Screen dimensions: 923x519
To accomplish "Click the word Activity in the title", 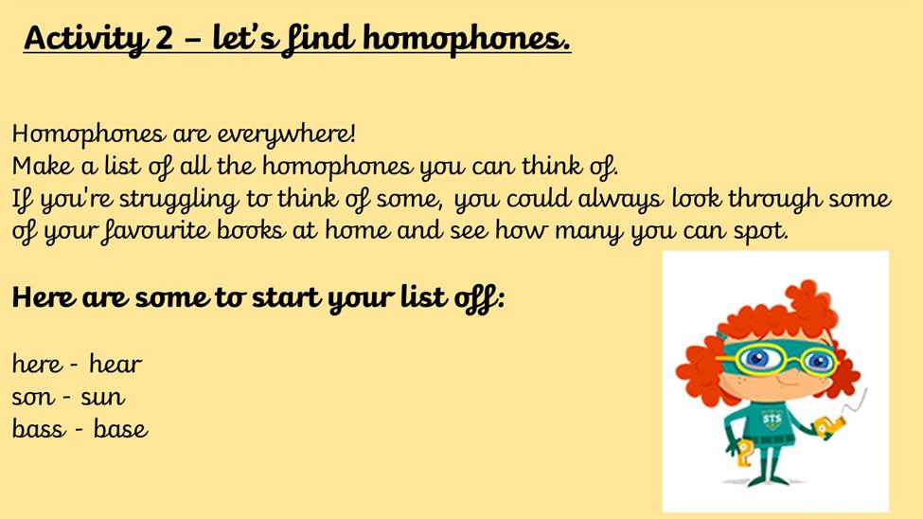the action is coord(86,39).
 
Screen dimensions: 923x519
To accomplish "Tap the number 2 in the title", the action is coord(165,38).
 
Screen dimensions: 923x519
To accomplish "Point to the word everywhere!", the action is coord(287,134).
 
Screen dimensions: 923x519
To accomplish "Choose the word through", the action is coord(774,200).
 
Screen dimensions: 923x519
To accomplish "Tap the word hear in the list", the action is coord(115,364).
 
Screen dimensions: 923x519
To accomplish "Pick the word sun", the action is coord(103,398).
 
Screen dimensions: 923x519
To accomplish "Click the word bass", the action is coord(39,428).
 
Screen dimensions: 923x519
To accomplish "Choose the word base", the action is coord(120,428).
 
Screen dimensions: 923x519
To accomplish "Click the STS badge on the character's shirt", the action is coord(772,420).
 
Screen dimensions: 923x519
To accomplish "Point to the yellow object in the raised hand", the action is coord(828,427).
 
